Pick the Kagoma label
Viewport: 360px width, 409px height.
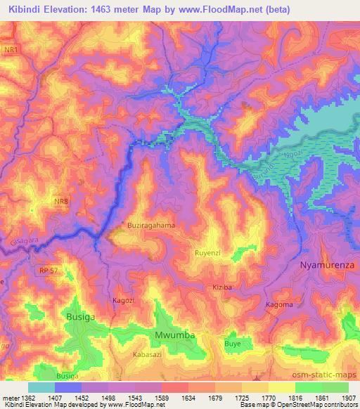click(x=279, y=304)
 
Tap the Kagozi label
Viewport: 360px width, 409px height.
click(x=124, y=300)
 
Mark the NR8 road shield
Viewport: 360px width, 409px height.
click(x=62, y=202)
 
